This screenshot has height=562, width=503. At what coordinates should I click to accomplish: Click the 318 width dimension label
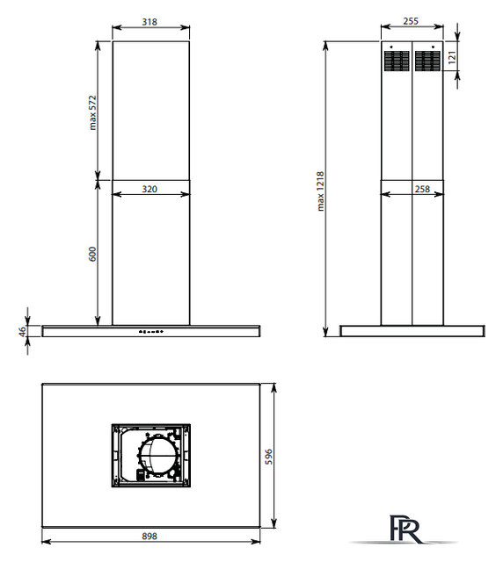click(x=149, y=22)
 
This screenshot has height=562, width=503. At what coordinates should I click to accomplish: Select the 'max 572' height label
click(x=92, y=112)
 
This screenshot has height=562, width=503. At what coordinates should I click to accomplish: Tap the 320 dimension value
click(x=149, y=189)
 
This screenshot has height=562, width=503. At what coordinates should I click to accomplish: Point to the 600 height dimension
click(x=92, y=254)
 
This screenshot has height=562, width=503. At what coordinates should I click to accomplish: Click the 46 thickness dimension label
click(x=22, y=332)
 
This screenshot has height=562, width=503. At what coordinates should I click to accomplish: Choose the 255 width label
click(x=411, y=21)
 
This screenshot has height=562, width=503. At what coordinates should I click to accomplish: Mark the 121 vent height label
click(x=452, y=57)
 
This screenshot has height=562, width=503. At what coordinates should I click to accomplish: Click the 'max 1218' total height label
click(x=321, y=191)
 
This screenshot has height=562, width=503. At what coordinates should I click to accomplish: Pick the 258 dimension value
click(x=422, y=189)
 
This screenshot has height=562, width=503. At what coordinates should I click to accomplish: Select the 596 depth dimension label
click(x=268, y=457)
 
